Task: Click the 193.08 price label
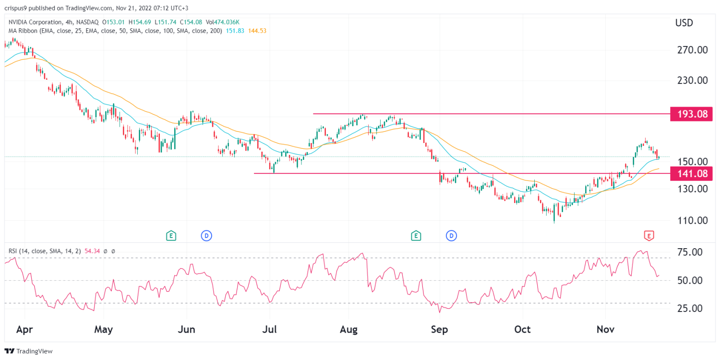point(692,114)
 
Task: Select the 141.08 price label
point(692,173)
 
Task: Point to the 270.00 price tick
point(692,50)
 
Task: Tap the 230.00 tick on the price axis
point(692,81)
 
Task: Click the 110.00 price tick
point(692,221)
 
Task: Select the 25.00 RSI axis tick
point(691,309)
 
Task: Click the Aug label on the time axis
point(349,330)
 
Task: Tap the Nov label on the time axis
point(605,330)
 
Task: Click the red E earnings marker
point(649,236)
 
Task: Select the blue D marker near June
point(206,236)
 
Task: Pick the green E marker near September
point(416,236)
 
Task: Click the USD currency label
point(684,23)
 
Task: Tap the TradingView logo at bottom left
point(29,351)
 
